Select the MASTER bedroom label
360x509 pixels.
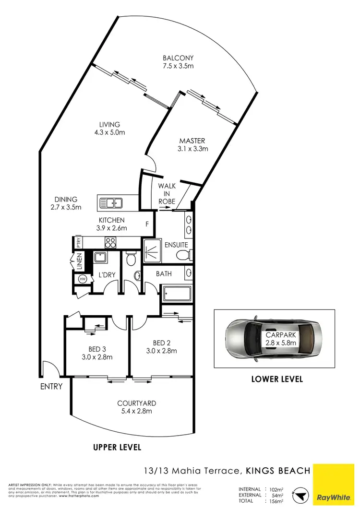[192, 141]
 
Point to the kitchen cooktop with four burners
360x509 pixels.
[110, 242]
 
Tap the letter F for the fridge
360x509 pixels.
[148, 224]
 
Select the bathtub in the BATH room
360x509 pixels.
[178, 293]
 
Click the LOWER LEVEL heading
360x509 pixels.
[277, 379]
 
